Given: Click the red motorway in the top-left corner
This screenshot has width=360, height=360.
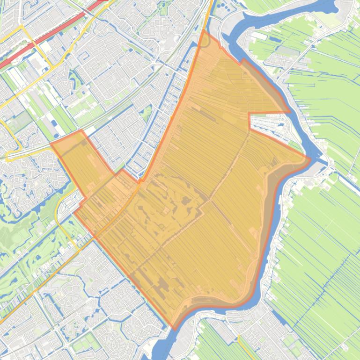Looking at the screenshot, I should [28, 47].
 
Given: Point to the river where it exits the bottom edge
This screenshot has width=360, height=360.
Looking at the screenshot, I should [162, 353].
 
